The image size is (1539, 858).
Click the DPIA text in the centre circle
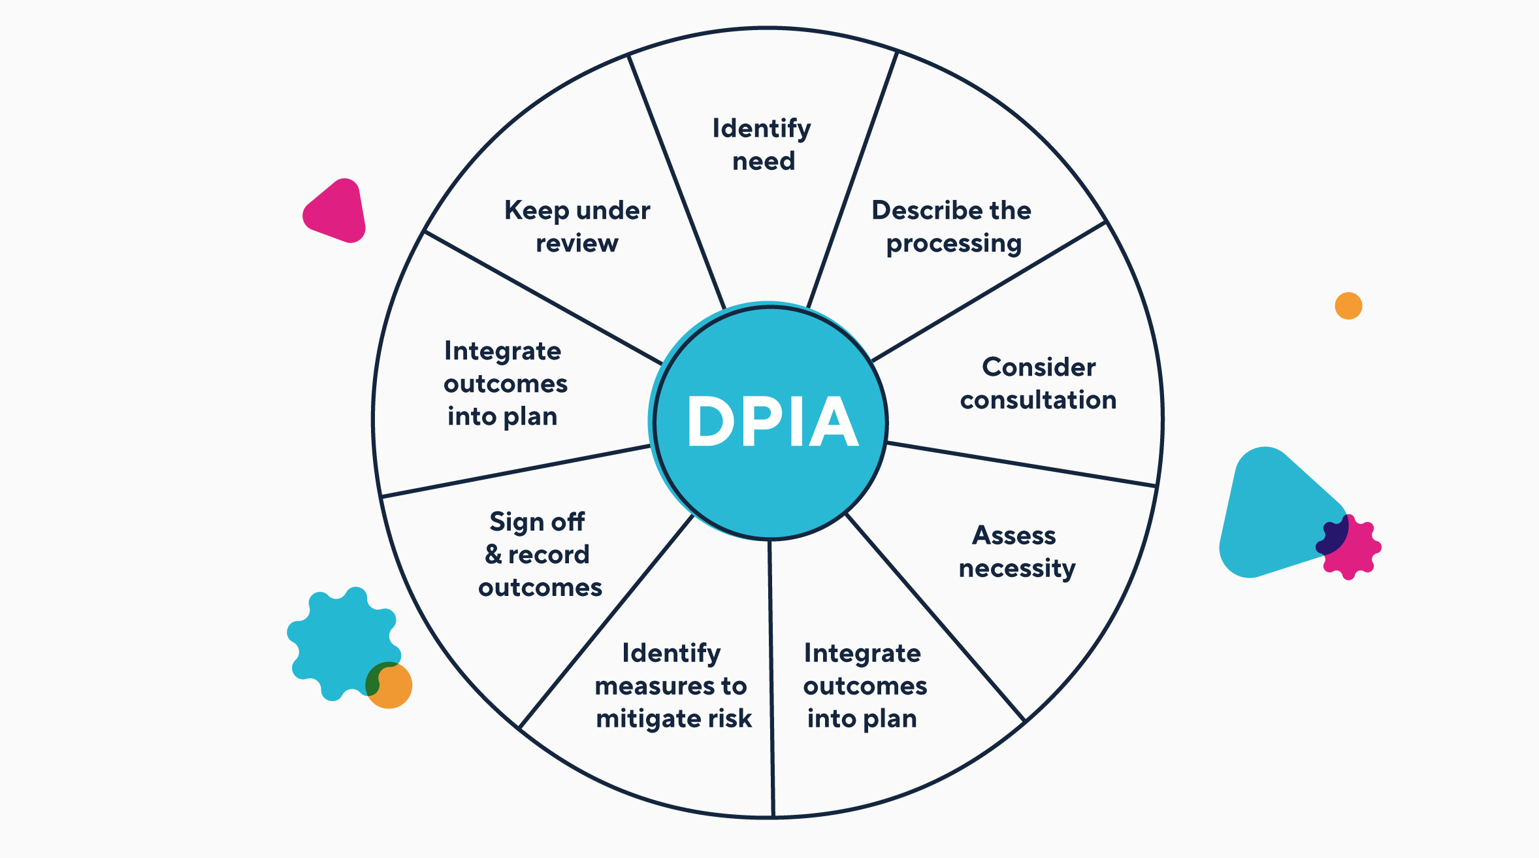click(772, 422)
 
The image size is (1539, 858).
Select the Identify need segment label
click(762, 144)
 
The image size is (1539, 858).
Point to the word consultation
click(1038, 400)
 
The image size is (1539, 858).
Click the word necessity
click(1017, 569)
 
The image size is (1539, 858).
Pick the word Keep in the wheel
click(536, 211)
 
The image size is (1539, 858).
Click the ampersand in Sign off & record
click(493, 554)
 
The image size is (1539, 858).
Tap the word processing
click(954, 244)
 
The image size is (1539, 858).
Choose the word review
click(577, 244)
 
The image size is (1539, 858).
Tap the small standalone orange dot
click(1348, 306)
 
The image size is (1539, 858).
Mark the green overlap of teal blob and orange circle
click(374, 680)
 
